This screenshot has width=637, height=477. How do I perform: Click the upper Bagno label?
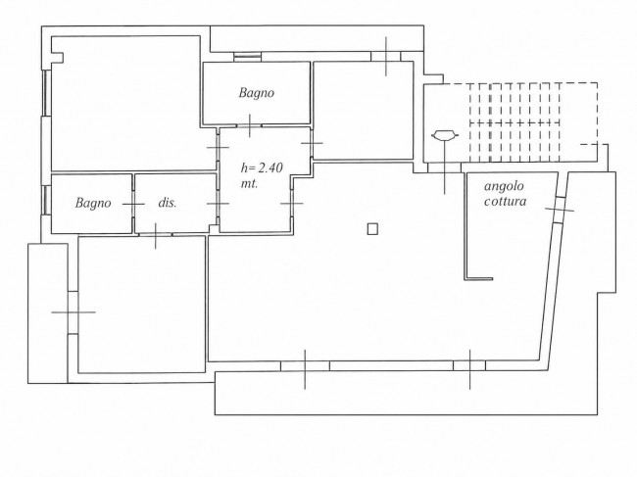257,93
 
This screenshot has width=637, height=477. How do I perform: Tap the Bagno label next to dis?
93,203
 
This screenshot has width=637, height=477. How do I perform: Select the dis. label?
168,203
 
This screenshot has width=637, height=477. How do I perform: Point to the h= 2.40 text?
262,167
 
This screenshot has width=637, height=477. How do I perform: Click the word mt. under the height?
250,183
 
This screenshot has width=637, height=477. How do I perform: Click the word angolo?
504,187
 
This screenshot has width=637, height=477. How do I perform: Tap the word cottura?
506,201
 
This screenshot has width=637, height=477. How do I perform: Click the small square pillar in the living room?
372,229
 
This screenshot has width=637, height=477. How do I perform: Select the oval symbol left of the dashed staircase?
445,135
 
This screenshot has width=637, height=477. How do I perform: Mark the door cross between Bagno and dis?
133,204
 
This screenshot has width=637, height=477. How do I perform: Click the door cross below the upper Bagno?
250,125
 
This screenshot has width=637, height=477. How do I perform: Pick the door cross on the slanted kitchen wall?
560,209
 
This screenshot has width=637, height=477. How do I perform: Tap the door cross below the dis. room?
156,235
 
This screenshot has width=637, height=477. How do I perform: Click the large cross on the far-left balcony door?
73,312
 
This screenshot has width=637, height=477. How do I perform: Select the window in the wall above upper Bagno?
247,57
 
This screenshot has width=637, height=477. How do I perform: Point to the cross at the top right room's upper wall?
386,57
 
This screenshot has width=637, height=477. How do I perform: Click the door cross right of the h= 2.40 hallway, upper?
312,143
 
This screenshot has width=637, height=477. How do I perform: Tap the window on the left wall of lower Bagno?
46,201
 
